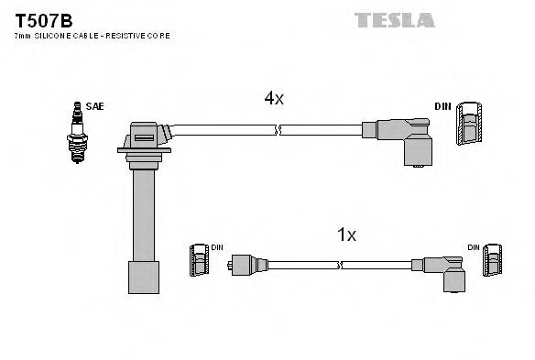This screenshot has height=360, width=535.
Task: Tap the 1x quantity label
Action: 346,235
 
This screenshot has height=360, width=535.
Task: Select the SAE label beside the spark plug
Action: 94,106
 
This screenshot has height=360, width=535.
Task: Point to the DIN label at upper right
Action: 443,106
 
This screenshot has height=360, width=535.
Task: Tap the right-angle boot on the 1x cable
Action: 449,272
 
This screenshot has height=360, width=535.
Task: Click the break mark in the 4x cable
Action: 278,132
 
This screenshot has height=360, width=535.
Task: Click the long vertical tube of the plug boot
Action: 143,215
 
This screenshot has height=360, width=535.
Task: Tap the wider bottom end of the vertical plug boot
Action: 143,277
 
